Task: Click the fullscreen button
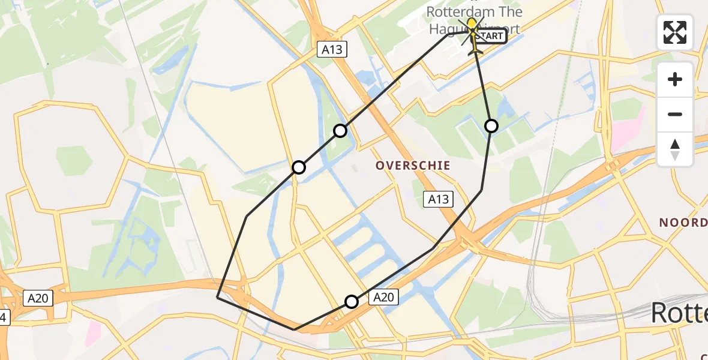(x=675, y=32)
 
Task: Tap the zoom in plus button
(x=675, y=79)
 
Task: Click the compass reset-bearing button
(x=675, y=149)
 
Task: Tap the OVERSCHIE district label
(x=413, y=164)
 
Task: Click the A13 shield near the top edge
(x=332, y=49)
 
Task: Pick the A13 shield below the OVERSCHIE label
(x=438, y=199)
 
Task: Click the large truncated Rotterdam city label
(x=679, y=313)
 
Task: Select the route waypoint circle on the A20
(x=352, y=301)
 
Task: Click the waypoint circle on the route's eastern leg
(x=491, y=125)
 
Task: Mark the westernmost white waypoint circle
(x=298, y=167)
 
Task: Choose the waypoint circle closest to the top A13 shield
(x=340, y=130)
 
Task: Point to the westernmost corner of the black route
(x=217, y=296)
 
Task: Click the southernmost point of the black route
(x=294, y=329)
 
